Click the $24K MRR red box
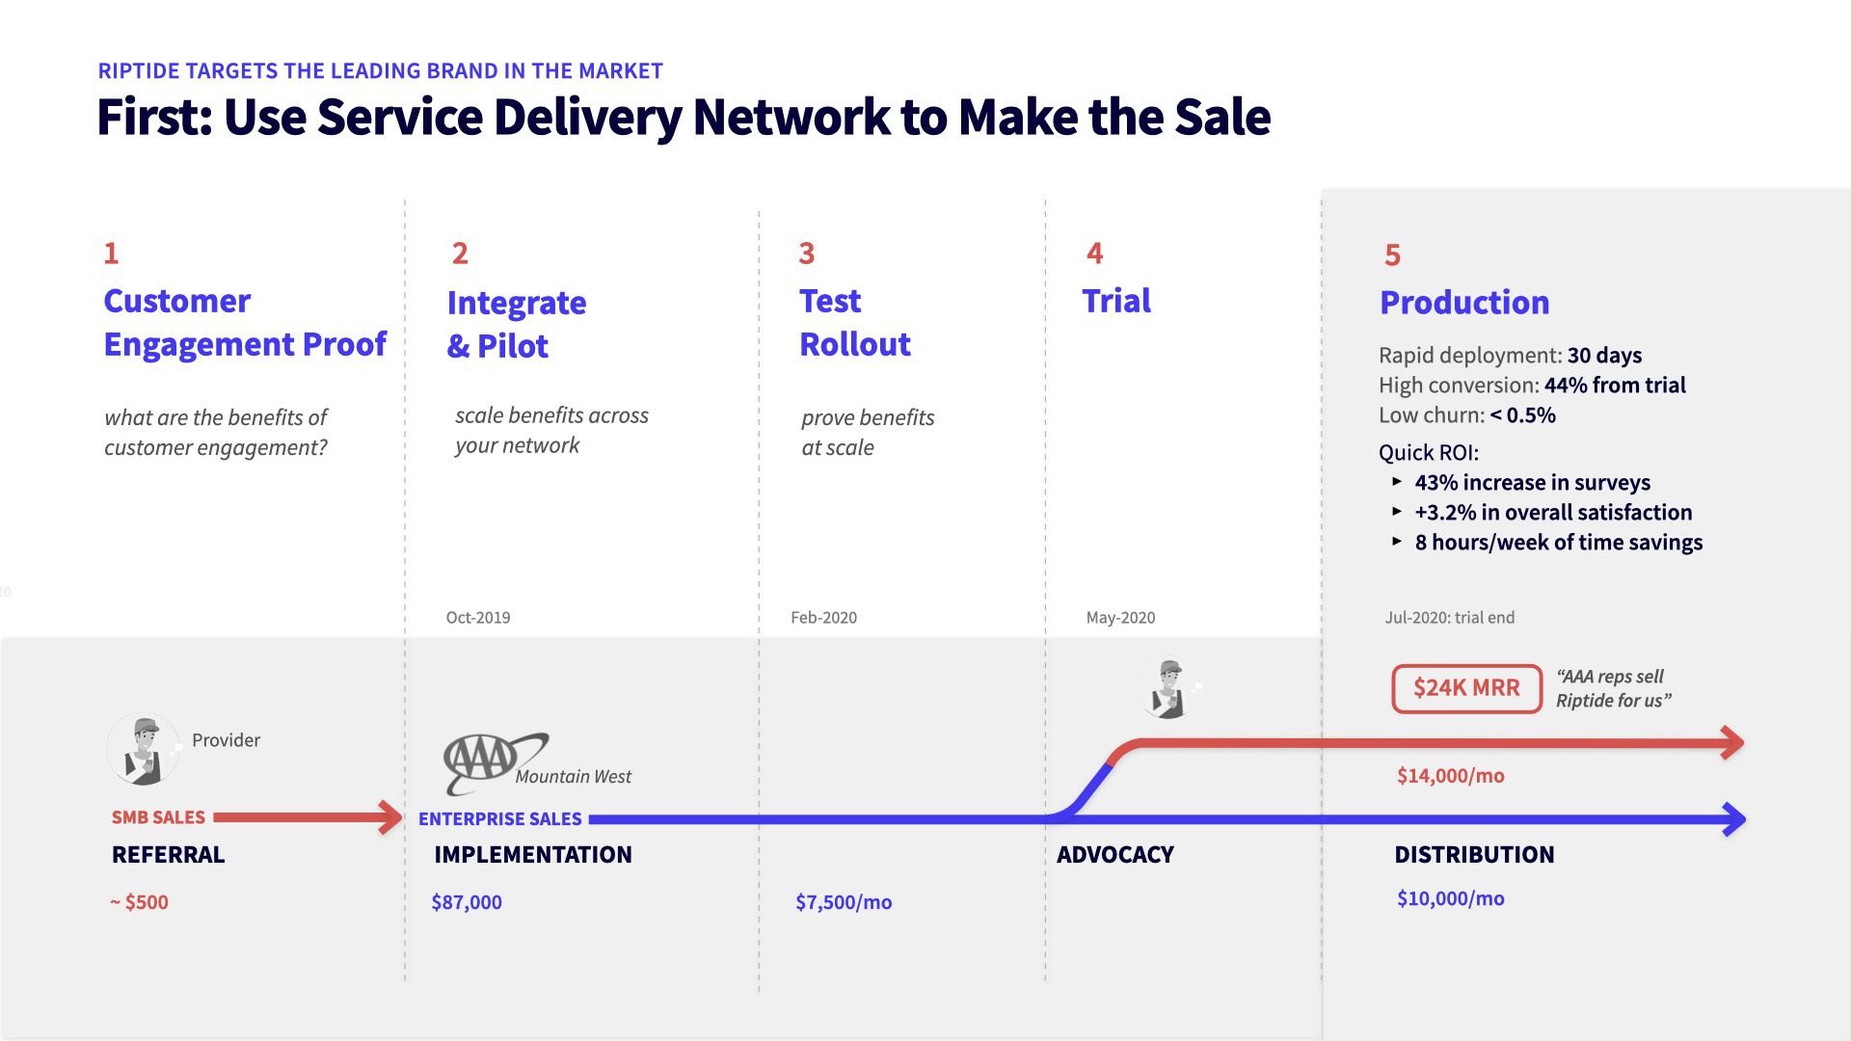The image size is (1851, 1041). pos(1466,688)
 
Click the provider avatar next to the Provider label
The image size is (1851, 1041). pos(144,749)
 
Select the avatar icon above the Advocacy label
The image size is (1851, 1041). pos(1168,688)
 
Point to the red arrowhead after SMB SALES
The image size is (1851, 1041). pos(390,816)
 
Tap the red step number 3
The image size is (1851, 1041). pos(807,254)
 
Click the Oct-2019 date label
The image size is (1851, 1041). pos(478,617)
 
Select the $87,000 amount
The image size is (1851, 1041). pos(467,902)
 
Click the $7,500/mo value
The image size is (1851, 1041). pos(844,902)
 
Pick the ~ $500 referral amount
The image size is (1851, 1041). pos(140,902)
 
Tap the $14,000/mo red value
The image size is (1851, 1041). pos(1450,776)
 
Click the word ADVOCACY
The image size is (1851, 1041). pos(1115,855)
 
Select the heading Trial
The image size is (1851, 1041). pos(1116,301)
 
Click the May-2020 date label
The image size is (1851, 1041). pos(1120,617)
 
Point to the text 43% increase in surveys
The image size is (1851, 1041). pos(1532,482)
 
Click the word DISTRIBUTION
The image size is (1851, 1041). pos(1474,855)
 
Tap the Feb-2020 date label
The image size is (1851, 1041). pos(823,617)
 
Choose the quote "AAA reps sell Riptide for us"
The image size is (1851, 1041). pos(1613,688)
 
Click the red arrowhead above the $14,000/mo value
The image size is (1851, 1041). pos(1732,742)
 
